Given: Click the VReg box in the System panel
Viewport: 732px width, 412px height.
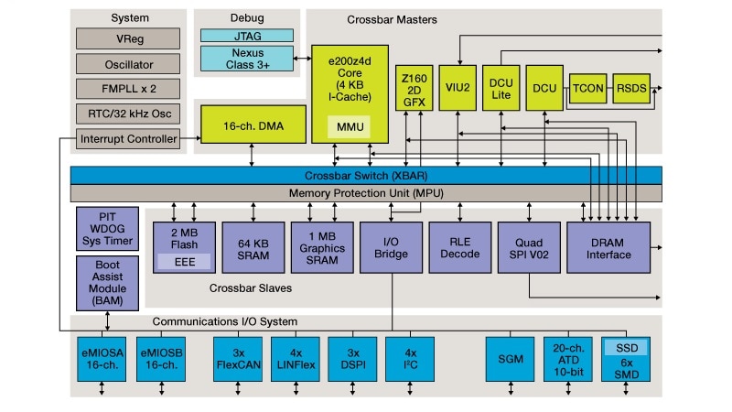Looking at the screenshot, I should [128, 38].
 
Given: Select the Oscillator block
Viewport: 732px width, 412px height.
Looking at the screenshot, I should [128, 64].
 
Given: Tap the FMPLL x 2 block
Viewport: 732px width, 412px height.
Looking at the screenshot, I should [128, 89].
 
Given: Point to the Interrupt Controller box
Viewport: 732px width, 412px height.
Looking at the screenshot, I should [128, 139].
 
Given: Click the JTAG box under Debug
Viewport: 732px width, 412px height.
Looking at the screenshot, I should [247, 35].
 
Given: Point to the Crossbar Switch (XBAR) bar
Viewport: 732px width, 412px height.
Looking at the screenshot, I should [366, 175].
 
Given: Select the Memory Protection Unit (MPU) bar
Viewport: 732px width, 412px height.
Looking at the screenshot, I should [366, 193].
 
